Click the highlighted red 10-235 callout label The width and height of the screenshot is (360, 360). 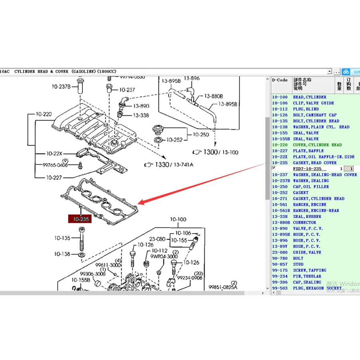point(80,219)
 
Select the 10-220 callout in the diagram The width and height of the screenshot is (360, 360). point(42,114)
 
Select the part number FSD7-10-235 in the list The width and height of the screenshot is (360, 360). point(308,169)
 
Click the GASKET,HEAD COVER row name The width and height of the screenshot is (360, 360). point(314,163)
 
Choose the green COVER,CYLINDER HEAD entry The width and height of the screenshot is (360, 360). point(317,145)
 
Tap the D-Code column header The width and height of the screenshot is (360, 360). point(280,80)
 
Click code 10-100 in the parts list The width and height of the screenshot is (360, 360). point(280,97)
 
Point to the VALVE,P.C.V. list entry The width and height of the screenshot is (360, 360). point(308,228)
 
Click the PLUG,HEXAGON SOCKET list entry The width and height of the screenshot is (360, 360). point(317,288)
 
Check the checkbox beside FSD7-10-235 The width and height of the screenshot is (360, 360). point(274,168)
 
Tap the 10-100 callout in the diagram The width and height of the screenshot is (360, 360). point(178,219)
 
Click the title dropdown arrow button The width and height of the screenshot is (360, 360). point(329,71)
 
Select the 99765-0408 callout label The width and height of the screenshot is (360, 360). point(56,165)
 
